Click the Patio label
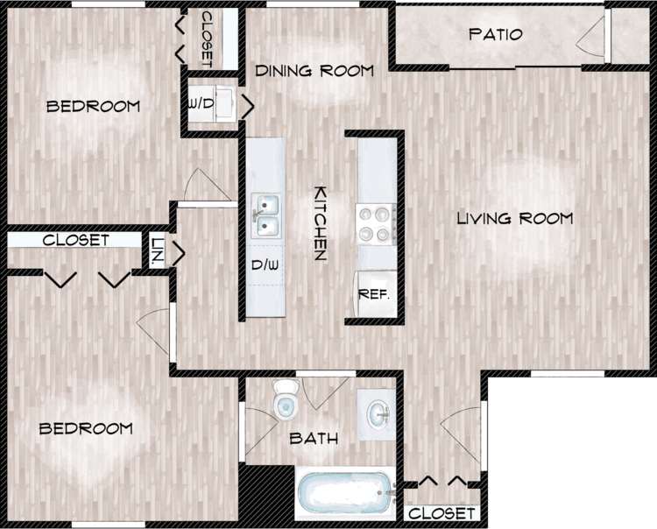(495, 35)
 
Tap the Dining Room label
(314, 70)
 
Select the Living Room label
(514, 218)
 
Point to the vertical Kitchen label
(321, 223)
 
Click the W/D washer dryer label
(201, 103)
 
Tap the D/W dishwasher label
(265, 264)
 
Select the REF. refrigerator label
(374, 294)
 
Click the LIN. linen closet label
(158, 252)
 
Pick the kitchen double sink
(265, 215)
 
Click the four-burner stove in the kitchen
(374, 223)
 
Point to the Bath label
(314, 439)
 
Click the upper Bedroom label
(93, 107)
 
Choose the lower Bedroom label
(86, 428)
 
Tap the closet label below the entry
(442, 513)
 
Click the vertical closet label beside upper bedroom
(207, 39)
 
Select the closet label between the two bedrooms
(75, 240)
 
